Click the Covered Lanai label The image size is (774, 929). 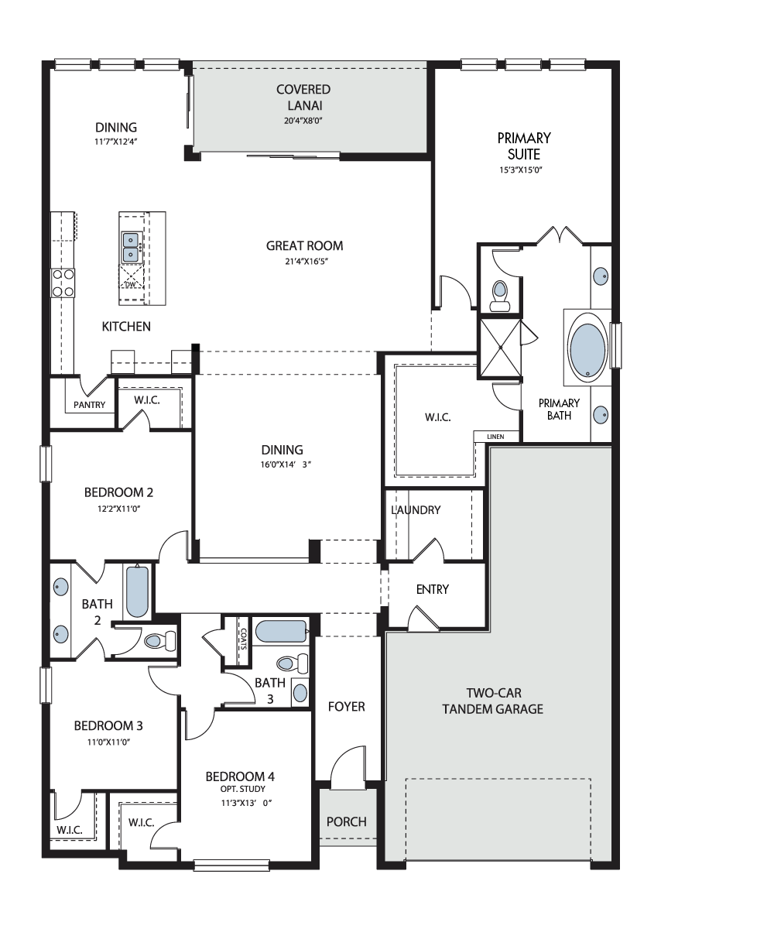click(x=303, y=98)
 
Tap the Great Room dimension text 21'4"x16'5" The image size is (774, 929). click(x=306, y=261)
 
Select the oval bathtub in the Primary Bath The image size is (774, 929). click(x=587, y=347)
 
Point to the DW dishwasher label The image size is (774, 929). click(x=130, y=284)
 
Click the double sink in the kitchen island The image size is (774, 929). click(x=132, y=248)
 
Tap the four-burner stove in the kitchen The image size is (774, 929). click(x=63, y=283)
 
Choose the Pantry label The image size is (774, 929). click(x=90, y=405)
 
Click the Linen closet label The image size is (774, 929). click(x=495, y=437)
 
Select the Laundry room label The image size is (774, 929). click(x=416, y=510)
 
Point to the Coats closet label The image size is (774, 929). click(x=243, y=639)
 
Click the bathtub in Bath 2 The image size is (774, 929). click(x=137, y=591)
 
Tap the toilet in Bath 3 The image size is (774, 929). click(x=293, y=663)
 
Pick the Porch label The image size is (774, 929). click(x=347, y=821)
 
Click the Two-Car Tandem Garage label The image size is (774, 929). click(x=493, y=701)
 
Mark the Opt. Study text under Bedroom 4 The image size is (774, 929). click(x=243, y=789)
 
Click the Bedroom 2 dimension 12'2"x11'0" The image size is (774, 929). click(x=118, y=509)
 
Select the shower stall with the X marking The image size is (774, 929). click(x=501, y=348)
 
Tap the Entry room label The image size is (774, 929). click(x=433, y=589)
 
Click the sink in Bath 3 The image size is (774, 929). click(x=300, y=693)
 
